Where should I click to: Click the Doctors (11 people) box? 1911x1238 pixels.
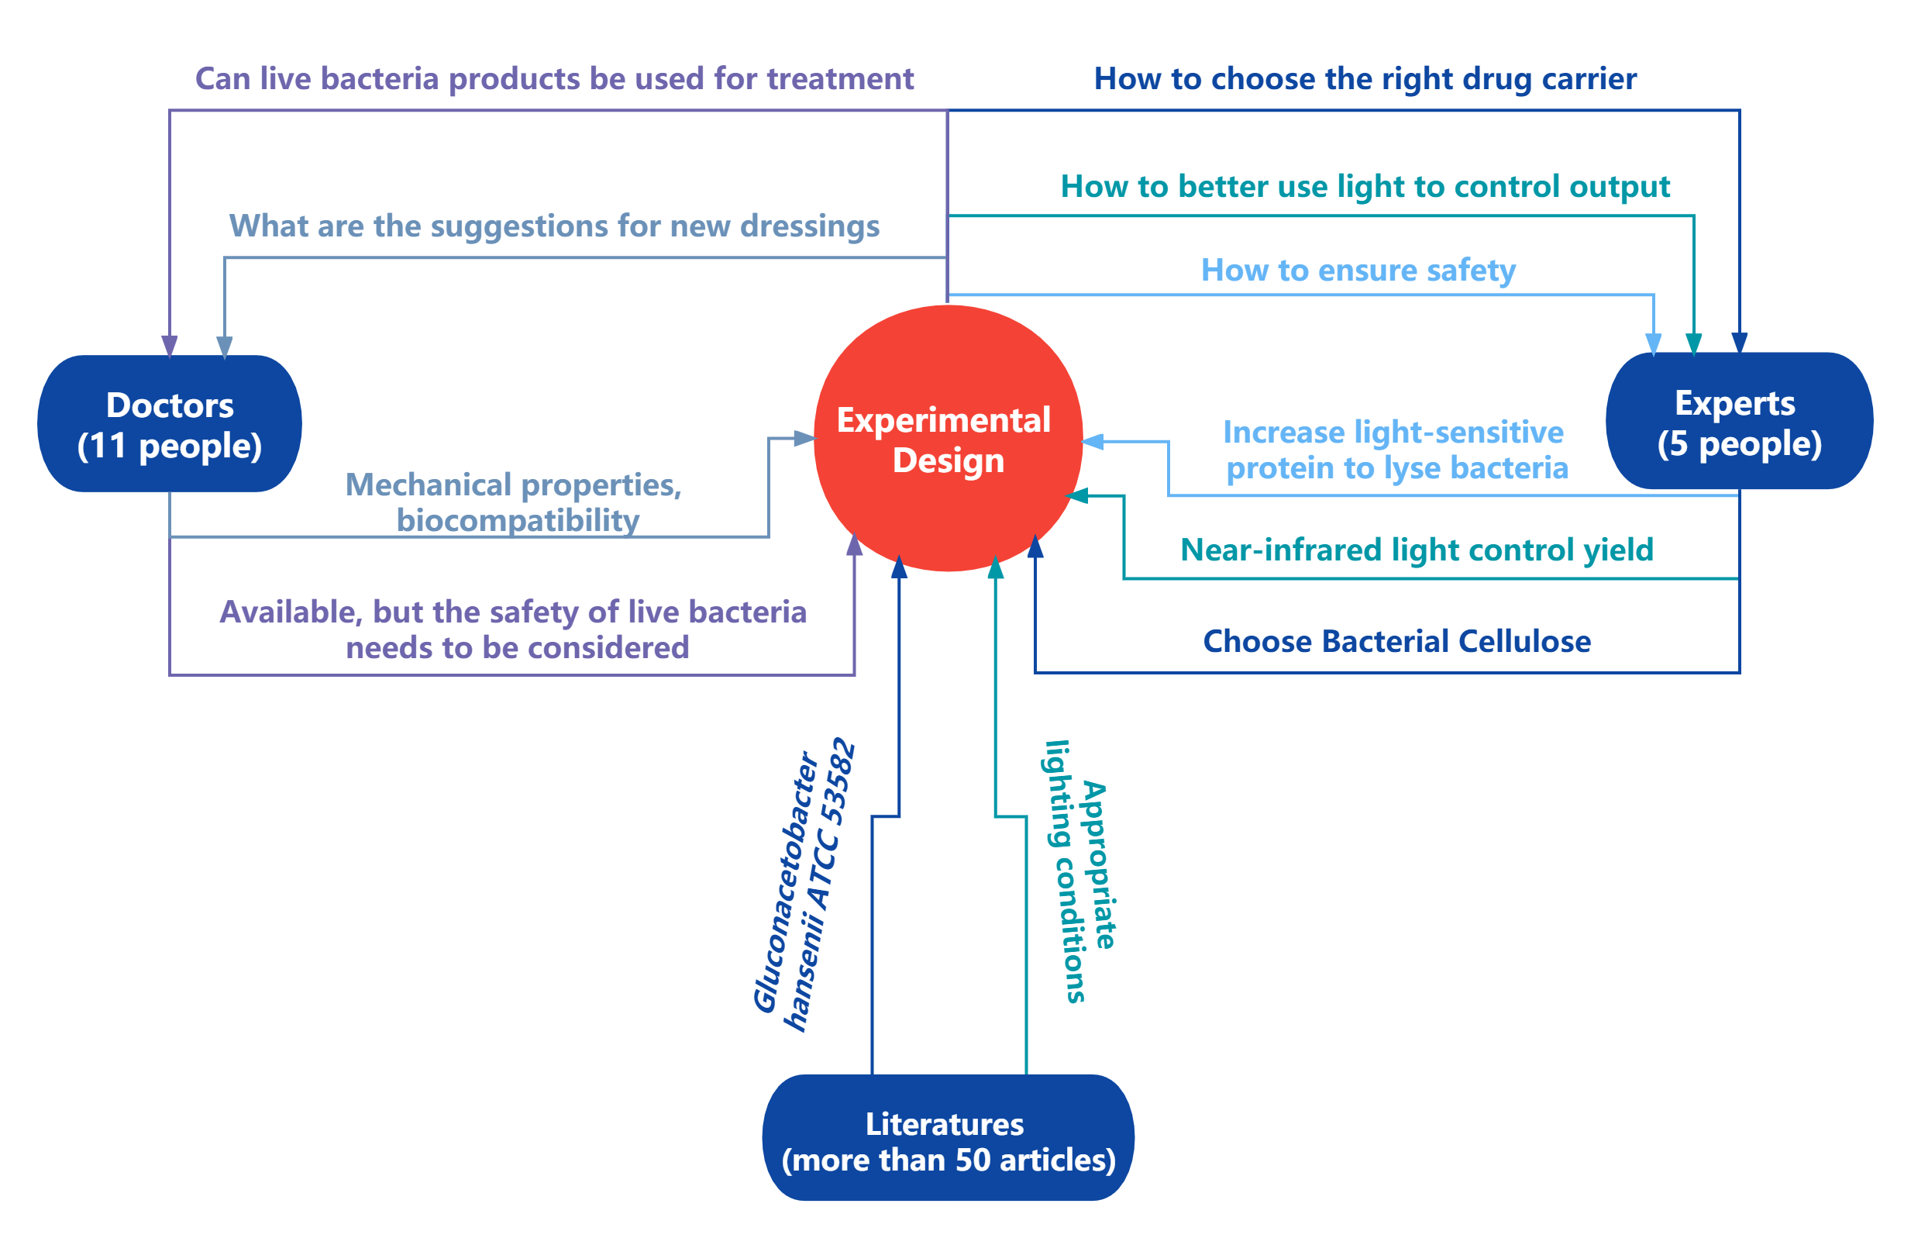pyautogui.click(x=170, y=424)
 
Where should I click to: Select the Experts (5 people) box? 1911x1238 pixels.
pyautogui.click(x=1738, y=422)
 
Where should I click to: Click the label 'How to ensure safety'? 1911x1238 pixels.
pyautogui.click(x=1358, y=270)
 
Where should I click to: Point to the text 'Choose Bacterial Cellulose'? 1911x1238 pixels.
pyautogui.click(x=1396, y=641)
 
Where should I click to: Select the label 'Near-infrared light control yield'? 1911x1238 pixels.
pyautogui.click(x=1417, y=550)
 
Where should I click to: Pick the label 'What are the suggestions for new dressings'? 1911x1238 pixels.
pyautogui.click(x=554, y=226)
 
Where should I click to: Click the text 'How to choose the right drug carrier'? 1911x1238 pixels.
pyautogui.click(x=1365, y=79)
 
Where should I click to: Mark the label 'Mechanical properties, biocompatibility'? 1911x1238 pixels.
pyautogui.click(x=514, y=502)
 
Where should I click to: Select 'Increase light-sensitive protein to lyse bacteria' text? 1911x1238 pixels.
pyautogui.click(x=1395, y=450)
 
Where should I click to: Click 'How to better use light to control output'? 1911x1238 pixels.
pyautogui.click(x=1365, y=186)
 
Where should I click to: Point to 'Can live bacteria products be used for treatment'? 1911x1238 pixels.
pyautogui.click(x=554, y=79)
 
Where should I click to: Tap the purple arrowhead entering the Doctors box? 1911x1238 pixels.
pyautogui.click(x=170, y=346)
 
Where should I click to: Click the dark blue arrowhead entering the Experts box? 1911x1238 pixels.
pyautogui.click(x=1739, y=343)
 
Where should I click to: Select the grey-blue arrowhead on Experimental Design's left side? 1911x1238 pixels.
pyautogui.click(x=804, y=438)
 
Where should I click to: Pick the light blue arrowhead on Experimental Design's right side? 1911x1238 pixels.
pyautogui.click(x=1093, y=441)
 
